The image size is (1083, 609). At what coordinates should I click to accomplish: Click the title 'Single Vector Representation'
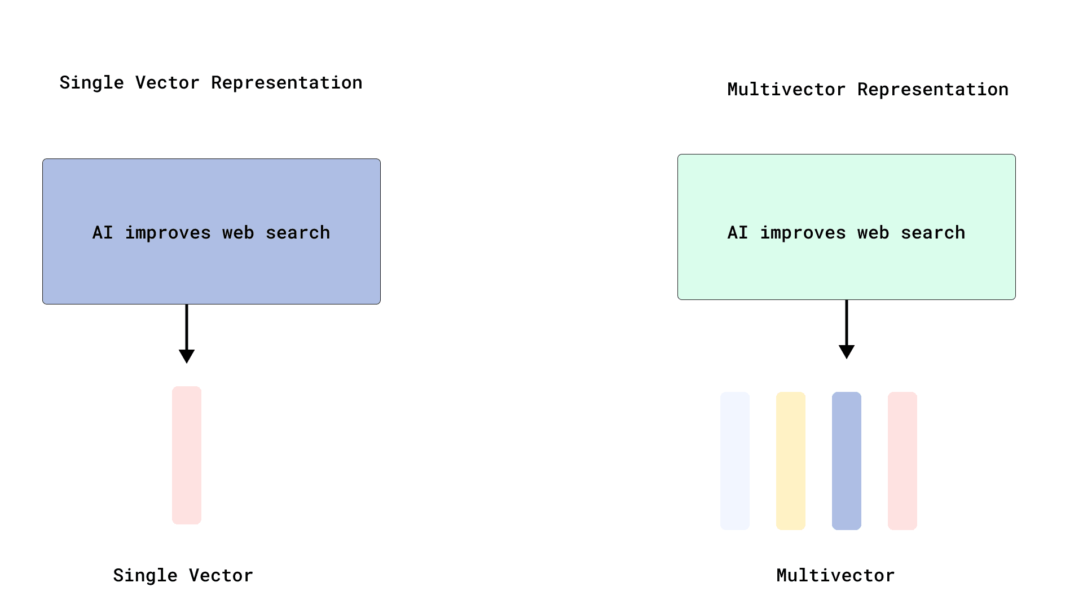tap(211, 83)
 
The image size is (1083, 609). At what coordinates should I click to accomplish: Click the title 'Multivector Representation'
tap(868, 90)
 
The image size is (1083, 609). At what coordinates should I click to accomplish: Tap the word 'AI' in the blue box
tap(103, 232)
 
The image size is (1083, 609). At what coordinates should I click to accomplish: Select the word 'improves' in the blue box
tap(168, 233)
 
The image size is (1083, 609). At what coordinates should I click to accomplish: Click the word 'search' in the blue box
tap(298, 232)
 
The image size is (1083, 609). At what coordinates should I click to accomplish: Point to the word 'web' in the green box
tap(873, 232)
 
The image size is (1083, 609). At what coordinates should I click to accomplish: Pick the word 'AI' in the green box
tap(738, 232)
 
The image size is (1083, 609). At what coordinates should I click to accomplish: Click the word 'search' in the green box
tap(933, 232)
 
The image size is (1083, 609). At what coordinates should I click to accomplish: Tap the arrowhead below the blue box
tap(187, 356)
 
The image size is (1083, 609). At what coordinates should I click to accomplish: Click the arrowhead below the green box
tap(847, 352)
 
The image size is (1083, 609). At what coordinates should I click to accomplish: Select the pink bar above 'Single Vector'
tap(187, 455)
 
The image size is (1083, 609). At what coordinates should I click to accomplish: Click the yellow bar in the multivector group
tap(791, 461)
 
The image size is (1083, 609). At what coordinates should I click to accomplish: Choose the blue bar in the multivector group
tap(847, 461)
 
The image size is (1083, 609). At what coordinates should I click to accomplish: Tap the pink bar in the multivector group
tap(902, 461)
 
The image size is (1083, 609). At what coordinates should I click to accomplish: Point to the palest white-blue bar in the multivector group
tap(735, 461)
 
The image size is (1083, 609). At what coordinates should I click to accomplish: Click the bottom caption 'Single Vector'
tap(183, 576)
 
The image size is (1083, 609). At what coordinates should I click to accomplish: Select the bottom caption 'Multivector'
tap(835, 576)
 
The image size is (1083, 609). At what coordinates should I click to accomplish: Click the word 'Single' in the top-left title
tap(91, 83)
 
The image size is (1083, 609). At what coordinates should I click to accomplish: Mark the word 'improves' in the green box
tap(803, 233)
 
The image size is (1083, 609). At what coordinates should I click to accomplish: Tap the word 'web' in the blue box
tap(238, 232)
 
